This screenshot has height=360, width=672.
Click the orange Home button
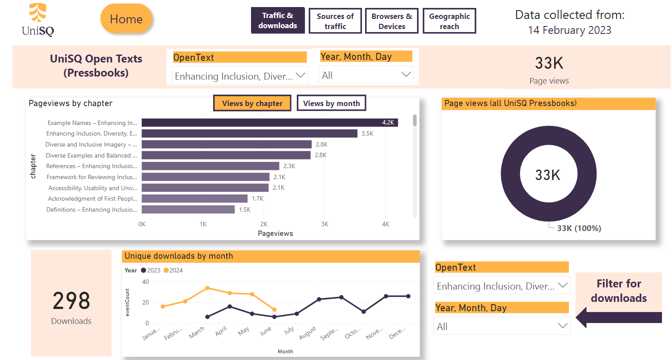(126, 19)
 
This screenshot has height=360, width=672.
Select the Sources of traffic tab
(335, 21)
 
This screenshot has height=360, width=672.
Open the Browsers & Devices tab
(391, 21)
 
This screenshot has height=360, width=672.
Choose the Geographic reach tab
(449, 21)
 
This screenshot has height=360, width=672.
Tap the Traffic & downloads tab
(277, 20)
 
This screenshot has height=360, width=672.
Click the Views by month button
(331, 103)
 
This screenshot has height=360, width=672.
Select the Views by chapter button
(252, 103)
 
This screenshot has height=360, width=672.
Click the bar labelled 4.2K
(270, 123)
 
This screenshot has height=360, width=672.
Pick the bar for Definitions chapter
(188, 209)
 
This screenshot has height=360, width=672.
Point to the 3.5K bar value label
(367, 133)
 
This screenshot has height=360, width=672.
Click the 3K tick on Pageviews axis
(324, 224)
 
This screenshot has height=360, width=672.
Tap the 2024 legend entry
(173, 270)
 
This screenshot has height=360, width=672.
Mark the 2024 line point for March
(207, 288)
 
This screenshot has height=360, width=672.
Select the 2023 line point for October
(364, 312)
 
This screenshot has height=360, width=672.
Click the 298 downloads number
(71, 301)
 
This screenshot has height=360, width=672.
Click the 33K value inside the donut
(548, 175)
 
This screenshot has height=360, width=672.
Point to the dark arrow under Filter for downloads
(619, 317)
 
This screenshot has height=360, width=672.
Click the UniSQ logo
(38, 19)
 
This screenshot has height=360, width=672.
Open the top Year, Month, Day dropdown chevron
(406, 74)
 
